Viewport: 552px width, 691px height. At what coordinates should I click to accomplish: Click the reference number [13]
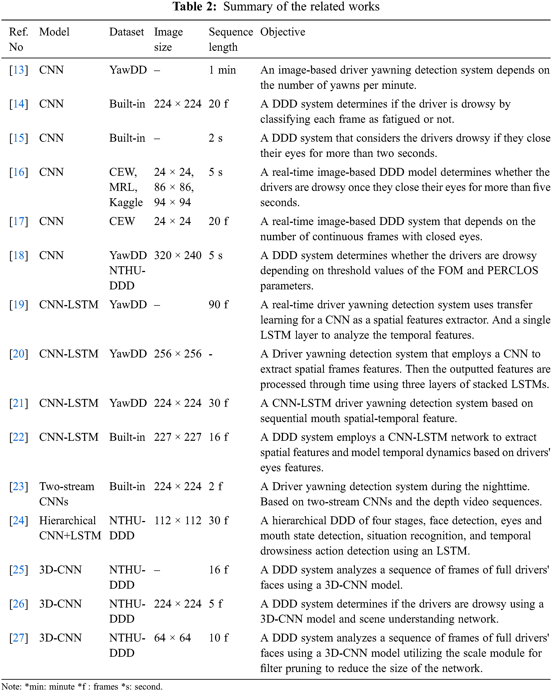19,70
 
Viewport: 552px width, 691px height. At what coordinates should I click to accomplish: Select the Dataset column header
127,32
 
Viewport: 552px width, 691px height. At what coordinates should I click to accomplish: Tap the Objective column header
282,32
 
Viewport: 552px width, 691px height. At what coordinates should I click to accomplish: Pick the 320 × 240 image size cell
178,255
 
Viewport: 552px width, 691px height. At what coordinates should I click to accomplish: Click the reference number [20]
19,354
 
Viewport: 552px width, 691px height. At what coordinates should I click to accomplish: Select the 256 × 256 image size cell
178,354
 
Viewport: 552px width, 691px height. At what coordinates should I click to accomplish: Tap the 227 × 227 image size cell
178,437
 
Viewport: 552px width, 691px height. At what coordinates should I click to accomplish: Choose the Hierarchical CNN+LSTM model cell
70,528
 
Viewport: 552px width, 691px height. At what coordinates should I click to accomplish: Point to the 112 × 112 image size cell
178,520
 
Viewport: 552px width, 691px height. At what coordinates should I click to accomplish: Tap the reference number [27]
19,638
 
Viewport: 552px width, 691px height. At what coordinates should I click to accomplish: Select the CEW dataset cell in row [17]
122,221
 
